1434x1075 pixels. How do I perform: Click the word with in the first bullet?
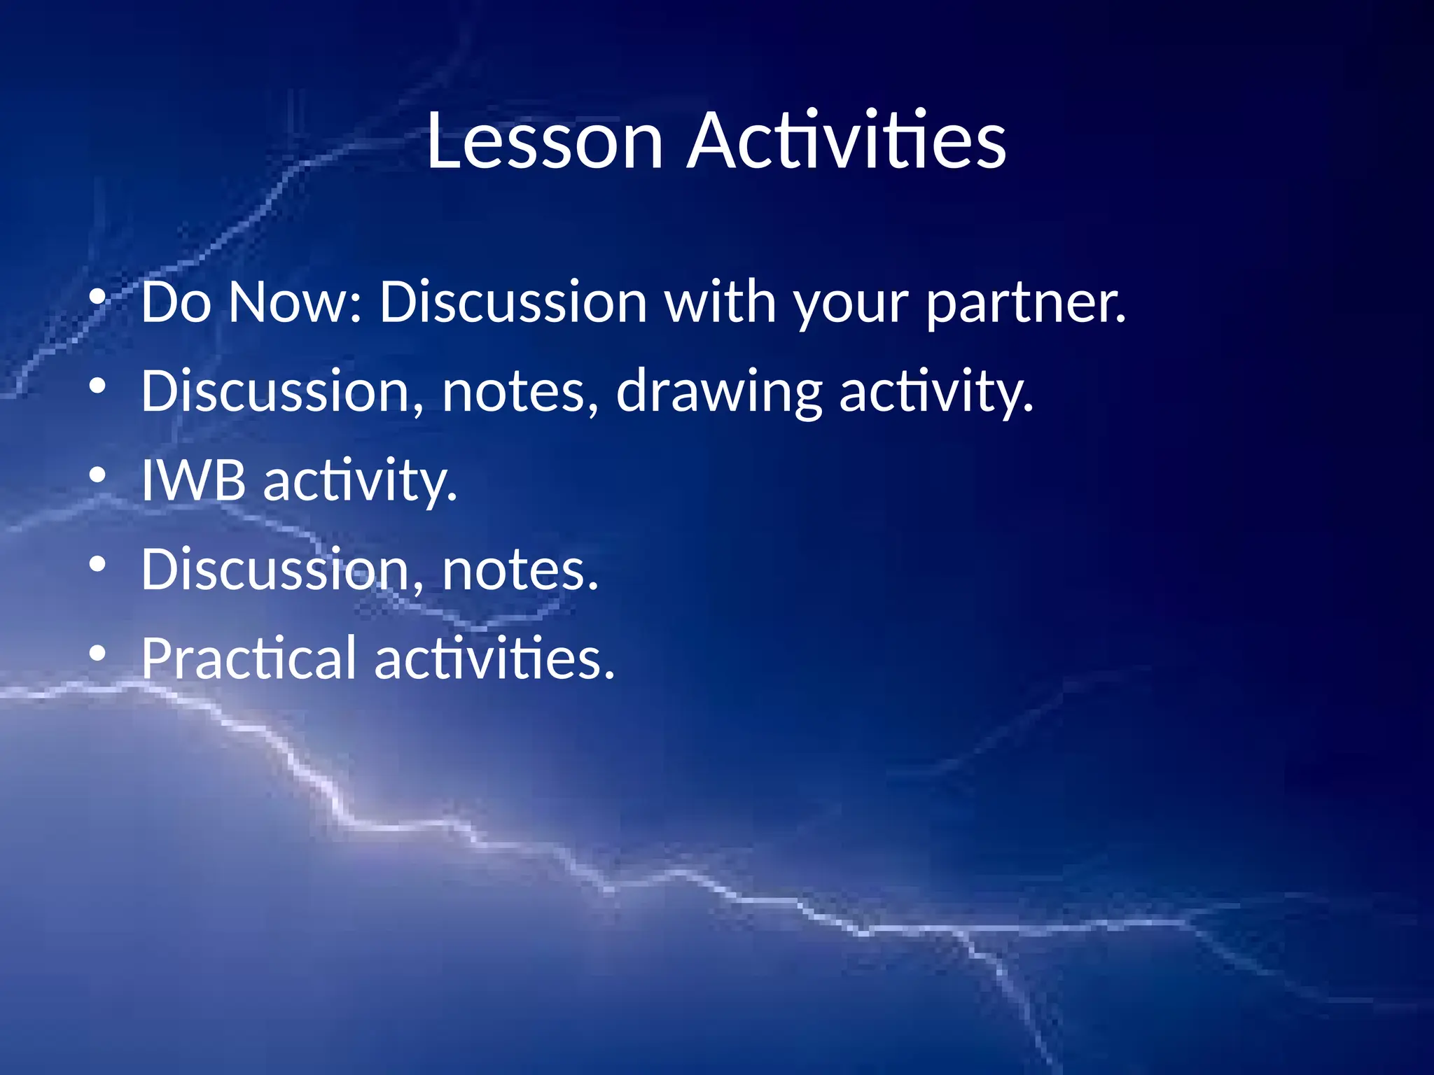coord(721,302)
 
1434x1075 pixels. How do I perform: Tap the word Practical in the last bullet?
coord(249,659)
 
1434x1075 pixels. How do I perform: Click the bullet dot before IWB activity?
coord(98,475)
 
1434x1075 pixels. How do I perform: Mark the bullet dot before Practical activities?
coord(98,654)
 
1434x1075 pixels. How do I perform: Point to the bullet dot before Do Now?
coord(98,297)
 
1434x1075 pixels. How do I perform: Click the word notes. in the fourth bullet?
coord(520,570)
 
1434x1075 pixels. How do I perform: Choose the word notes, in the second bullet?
coord(520,392)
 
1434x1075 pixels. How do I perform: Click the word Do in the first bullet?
coord(176,302)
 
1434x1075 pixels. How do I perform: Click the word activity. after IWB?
coord(360,482)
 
